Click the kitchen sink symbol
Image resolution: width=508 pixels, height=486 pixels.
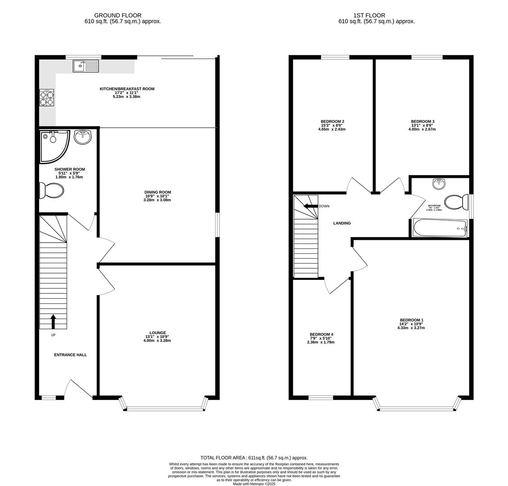tap(85, 66)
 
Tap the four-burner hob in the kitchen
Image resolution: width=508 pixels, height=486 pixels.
tap(46, 98)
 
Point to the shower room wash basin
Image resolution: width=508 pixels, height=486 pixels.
tap(82, 137)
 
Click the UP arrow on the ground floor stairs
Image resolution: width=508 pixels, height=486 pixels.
tap(53, 321)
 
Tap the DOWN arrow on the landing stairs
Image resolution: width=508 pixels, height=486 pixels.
tap(310, 206)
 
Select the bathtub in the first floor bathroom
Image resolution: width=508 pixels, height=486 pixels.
tap(440, 228)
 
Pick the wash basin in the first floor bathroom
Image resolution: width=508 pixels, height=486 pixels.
tap(439, 184)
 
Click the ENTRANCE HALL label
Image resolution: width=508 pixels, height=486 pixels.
tap(70, 355)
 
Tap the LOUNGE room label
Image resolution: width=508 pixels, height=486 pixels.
tap(157, 333)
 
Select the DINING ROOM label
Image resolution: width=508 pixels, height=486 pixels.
tap(157, 192)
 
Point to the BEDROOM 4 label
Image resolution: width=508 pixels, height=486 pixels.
tap(321, 334)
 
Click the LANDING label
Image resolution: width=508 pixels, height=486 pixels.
tap(342, 223)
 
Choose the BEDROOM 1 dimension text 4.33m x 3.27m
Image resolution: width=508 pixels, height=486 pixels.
tap(411, 328)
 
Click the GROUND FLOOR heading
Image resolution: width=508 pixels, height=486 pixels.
tap(117, 15)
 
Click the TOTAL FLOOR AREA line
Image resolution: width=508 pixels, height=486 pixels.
tap(254, 458)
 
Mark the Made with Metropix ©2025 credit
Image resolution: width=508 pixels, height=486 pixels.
tap(254, 484)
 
